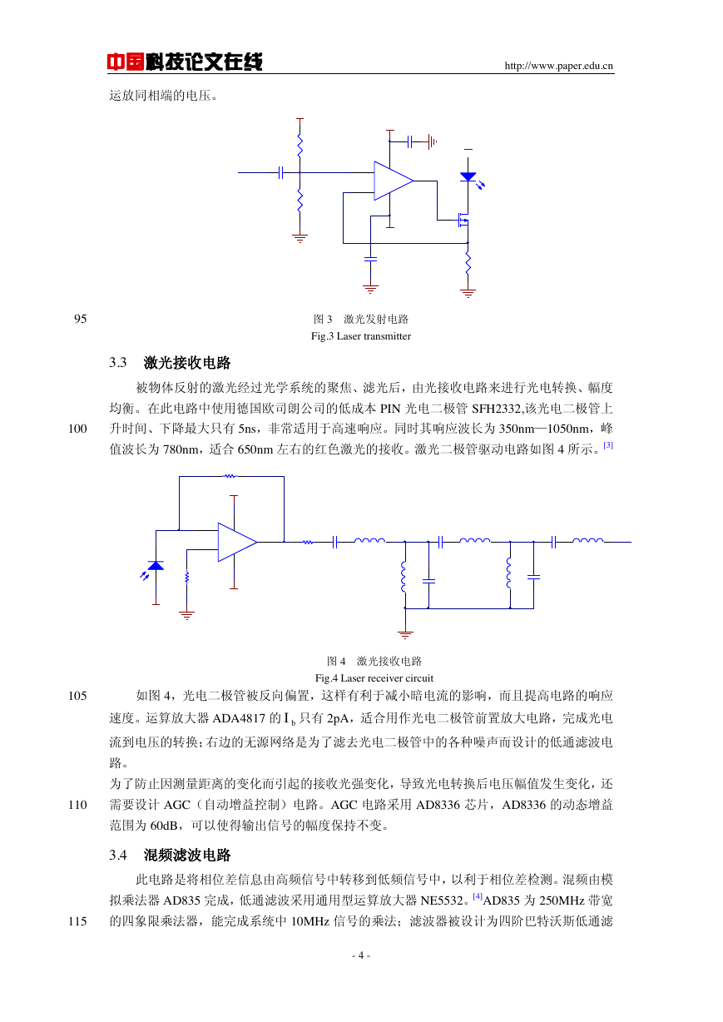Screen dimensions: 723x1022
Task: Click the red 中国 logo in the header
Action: pos(126,62)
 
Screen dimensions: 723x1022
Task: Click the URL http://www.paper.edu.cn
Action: pos(558,66)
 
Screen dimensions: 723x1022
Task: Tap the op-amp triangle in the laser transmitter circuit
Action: pos(394,181)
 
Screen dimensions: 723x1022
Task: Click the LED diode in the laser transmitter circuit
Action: pos(468,177)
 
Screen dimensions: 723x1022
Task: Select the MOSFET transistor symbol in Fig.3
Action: pos(463,221)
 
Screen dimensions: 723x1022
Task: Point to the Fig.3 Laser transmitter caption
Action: pos(361,336)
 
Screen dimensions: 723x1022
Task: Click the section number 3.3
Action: pos(117,363)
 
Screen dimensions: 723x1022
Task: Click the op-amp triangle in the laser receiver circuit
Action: pos(237,542)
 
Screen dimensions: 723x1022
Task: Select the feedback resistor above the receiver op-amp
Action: pos(230,476)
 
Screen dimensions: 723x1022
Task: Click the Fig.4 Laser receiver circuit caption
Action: pos(374,678)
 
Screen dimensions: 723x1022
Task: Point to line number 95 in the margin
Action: pos(80,319)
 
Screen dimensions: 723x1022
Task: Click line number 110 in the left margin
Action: pos(77,805)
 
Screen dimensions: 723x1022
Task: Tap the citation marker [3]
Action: pos(608,445)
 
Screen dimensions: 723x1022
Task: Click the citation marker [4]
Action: pos(477,896)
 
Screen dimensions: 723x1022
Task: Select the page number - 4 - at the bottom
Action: pos(361,955)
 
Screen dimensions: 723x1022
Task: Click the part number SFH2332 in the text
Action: pos(497,409)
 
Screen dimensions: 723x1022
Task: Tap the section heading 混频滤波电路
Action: pos(187,856)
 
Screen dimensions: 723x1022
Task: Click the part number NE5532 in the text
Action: pos(442,900)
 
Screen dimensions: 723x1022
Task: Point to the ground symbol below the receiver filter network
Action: pos(405,634)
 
